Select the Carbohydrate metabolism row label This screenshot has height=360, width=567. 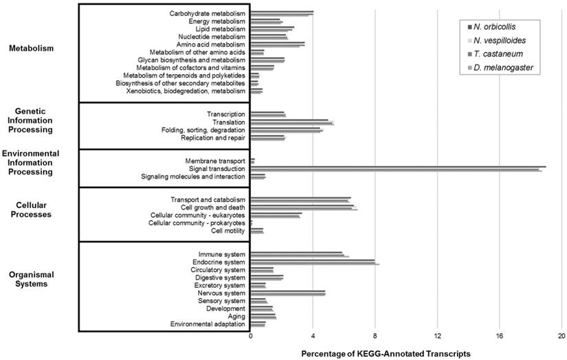(x=207, y=13)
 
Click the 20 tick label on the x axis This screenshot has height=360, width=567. (x=562, y=337)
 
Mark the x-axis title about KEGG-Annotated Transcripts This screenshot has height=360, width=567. (x=386, y=353)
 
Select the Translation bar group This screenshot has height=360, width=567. (x=292, y=122)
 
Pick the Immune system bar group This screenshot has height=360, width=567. (x=299, y=254)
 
